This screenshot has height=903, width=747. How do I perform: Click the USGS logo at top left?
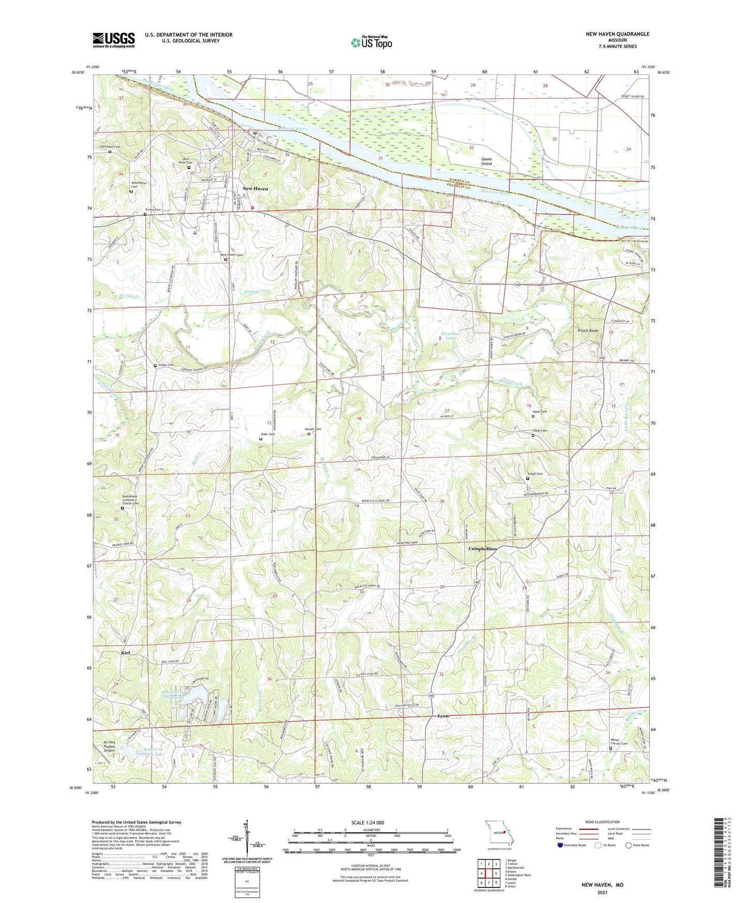pyautogui.click(x=114, y=40)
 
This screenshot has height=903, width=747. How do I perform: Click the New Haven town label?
pyautogui.click(x=255, y=189)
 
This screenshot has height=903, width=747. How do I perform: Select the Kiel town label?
pyautogui.click(x=126, y=653)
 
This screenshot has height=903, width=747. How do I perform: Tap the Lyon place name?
pyautogui.click(x=443, y=716)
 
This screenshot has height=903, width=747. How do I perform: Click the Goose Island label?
pyautogui.click(x=486, y=161)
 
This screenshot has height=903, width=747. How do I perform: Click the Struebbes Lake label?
pyautogui.click(x=449, y=335)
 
